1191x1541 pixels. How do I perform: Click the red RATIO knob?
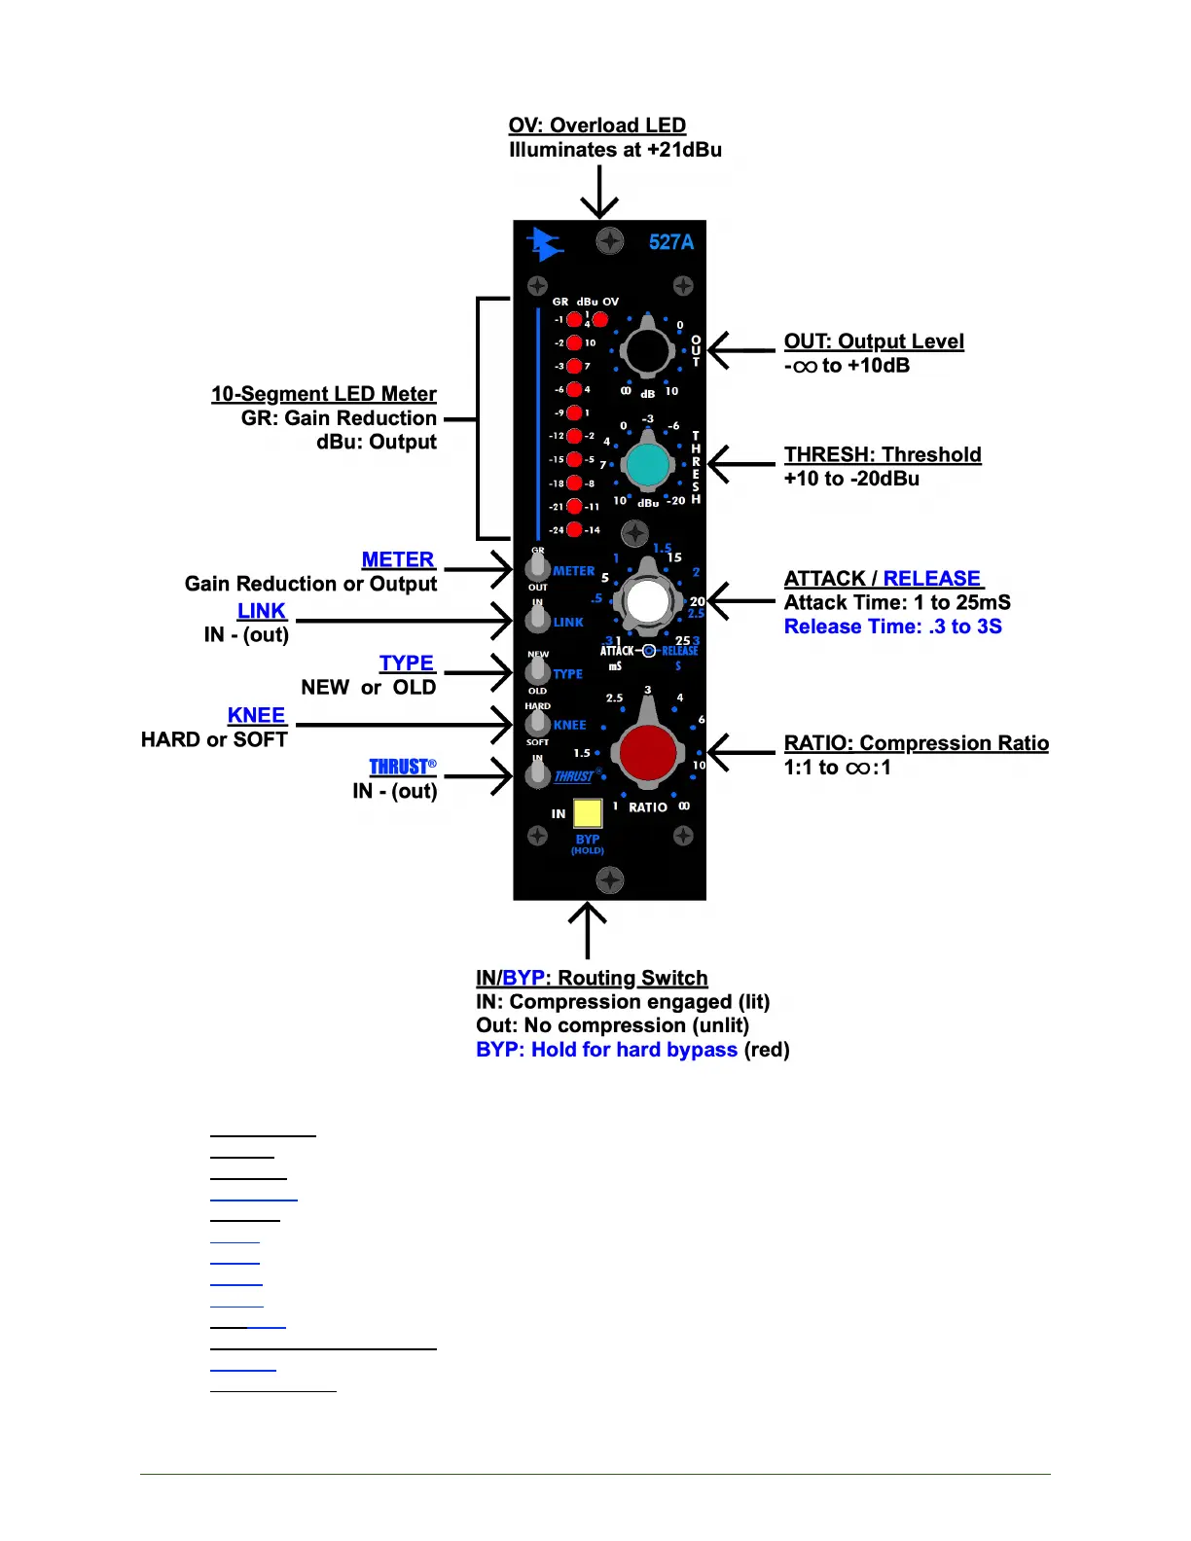pyautogui.click(x=648, y=753)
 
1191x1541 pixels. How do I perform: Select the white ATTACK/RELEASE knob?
pyautogui.click(x=648, y=601)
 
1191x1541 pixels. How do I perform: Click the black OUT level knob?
pyautogui.click(x=647, y=351)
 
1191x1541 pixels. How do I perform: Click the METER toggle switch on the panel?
pyautogui.click(x=537, y=567)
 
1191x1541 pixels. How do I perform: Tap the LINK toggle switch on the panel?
pyautogui.click(x=537, y=619)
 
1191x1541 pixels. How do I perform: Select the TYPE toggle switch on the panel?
pyautogui.click(x=537, y=670)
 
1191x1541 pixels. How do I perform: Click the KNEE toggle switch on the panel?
pyautogui.click(x=537, y=722)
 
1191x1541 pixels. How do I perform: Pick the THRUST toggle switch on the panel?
pyautogui.click(x=537, y=773)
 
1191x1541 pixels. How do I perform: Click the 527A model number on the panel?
pyautogui.click(x=671, y=242)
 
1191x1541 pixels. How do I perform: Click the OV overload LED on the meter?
pyautogui.click(x=600, y=319)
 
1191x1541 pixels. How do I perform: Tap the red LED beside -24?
pyautogui.click(x=575, y=530)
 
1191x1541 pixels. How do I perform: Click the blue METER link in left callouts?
pyautogui.click(x=398, y=559)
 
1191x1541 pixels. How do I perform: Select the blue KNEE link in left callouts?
pyautogui.click(x=256, y=715)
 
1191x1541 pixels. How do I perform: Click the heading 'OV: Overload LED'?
pyautogui.click(x=596, y=125)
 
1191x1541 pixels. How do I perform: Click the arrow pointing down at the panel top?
pyautogui.click(x=599, y=192)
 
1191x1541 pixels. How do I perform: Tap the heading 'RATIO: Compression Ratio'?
pyautogui.click(x=916, y=743)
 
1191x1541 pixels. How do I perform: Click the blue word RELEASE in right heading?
pyautogui.click(x=931, y=579)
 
